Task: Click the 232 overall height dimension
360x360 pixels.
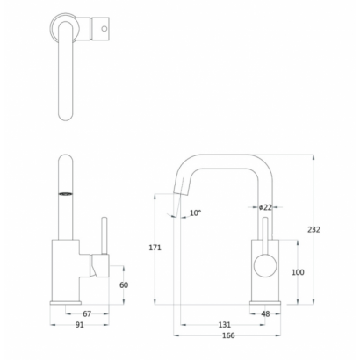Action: tap(313, 230)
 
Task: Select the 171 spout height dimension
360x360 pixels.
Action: tap(155, 248)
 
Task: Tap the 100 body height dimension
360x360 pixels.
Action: tap(298, 272)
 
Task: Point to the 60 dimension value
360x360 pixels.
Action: tap(124, 284)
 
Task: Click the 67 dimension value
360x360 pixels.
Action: tap(87, 313)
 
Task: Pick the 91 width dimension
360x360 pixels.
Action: tap(80, 325)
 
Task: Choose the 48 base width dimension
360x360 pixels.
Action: tap(265, 313)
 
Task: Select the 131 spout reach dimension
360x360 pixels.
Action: tap(225, 325)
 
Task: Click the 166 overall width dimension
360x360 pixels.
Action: tap(228, 335)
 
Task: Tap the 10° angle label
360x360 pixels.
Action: tap(196, 212)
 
